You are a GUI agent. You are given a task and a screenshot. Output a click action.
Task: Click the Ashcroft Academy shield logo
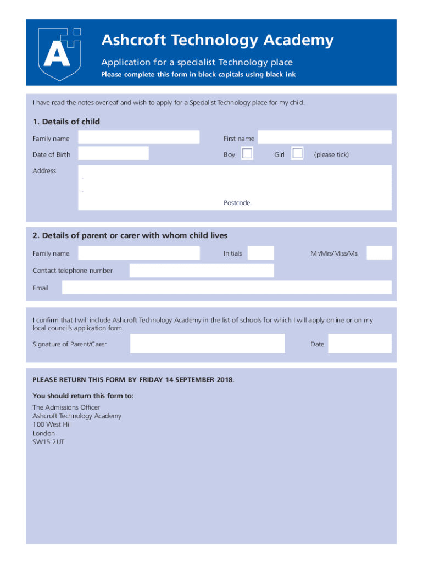[x=59, y=53]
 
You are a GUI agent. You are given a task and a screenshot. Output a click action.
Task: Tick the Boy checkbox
[x=247, y=154]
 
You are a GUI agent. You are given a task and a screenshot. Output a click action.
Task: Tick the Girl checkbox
[x=297, y=154]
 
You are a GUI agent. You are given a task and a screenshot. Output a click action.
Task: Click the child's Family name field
[x=138, y=137]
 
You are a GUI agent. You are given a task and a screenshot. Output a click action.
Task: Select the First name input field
[x=324, y=137]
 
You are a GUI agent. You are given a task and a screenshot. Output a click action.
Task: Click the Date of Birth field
[x=113, y=153]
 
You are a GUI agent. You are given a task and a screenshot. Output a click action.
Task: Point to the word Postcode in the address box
[x=237, y=203]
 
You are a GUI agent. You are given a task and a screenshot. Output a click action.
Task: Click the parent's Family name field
[x=138, y=253]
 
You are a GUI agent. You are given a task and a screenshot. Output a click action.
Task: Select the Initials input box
[x=260, y=253]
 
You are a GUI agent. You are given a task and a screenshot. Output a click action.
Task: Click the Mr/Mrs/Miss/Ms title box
[x=379, y=253]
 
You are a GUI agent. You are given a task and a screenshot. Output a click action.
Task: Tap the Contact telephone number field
[x=201, y=271]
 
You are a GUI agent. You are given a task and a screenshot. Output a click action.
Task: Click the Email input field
[x=226, y=288]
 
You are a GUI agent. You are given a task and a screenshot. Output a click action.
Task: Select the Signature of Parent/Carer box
[x=207, y=344]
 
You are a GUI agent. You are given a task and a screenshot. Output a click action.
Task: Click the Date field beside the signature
[x=359, y=344]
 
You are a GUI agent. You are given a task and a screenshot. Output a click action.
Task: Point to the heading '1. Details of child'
[x=66, y=122]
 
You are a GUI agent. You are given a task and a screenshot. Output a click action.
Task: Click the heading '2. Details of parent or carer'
[x=130, y=235]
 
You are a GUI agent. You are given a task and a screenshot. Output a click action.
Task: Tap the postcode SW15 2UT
[x=48, y=441]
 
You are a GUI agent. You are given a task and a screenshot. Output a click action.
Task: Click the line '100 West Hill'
[x=52, y=424]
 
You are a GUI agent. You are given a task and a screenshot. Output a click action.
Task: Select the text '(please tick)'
[x=331, y=154]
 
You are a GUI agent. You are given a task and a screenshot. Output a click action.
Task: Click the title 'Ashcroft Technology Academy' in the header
[x=217, y=40]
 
